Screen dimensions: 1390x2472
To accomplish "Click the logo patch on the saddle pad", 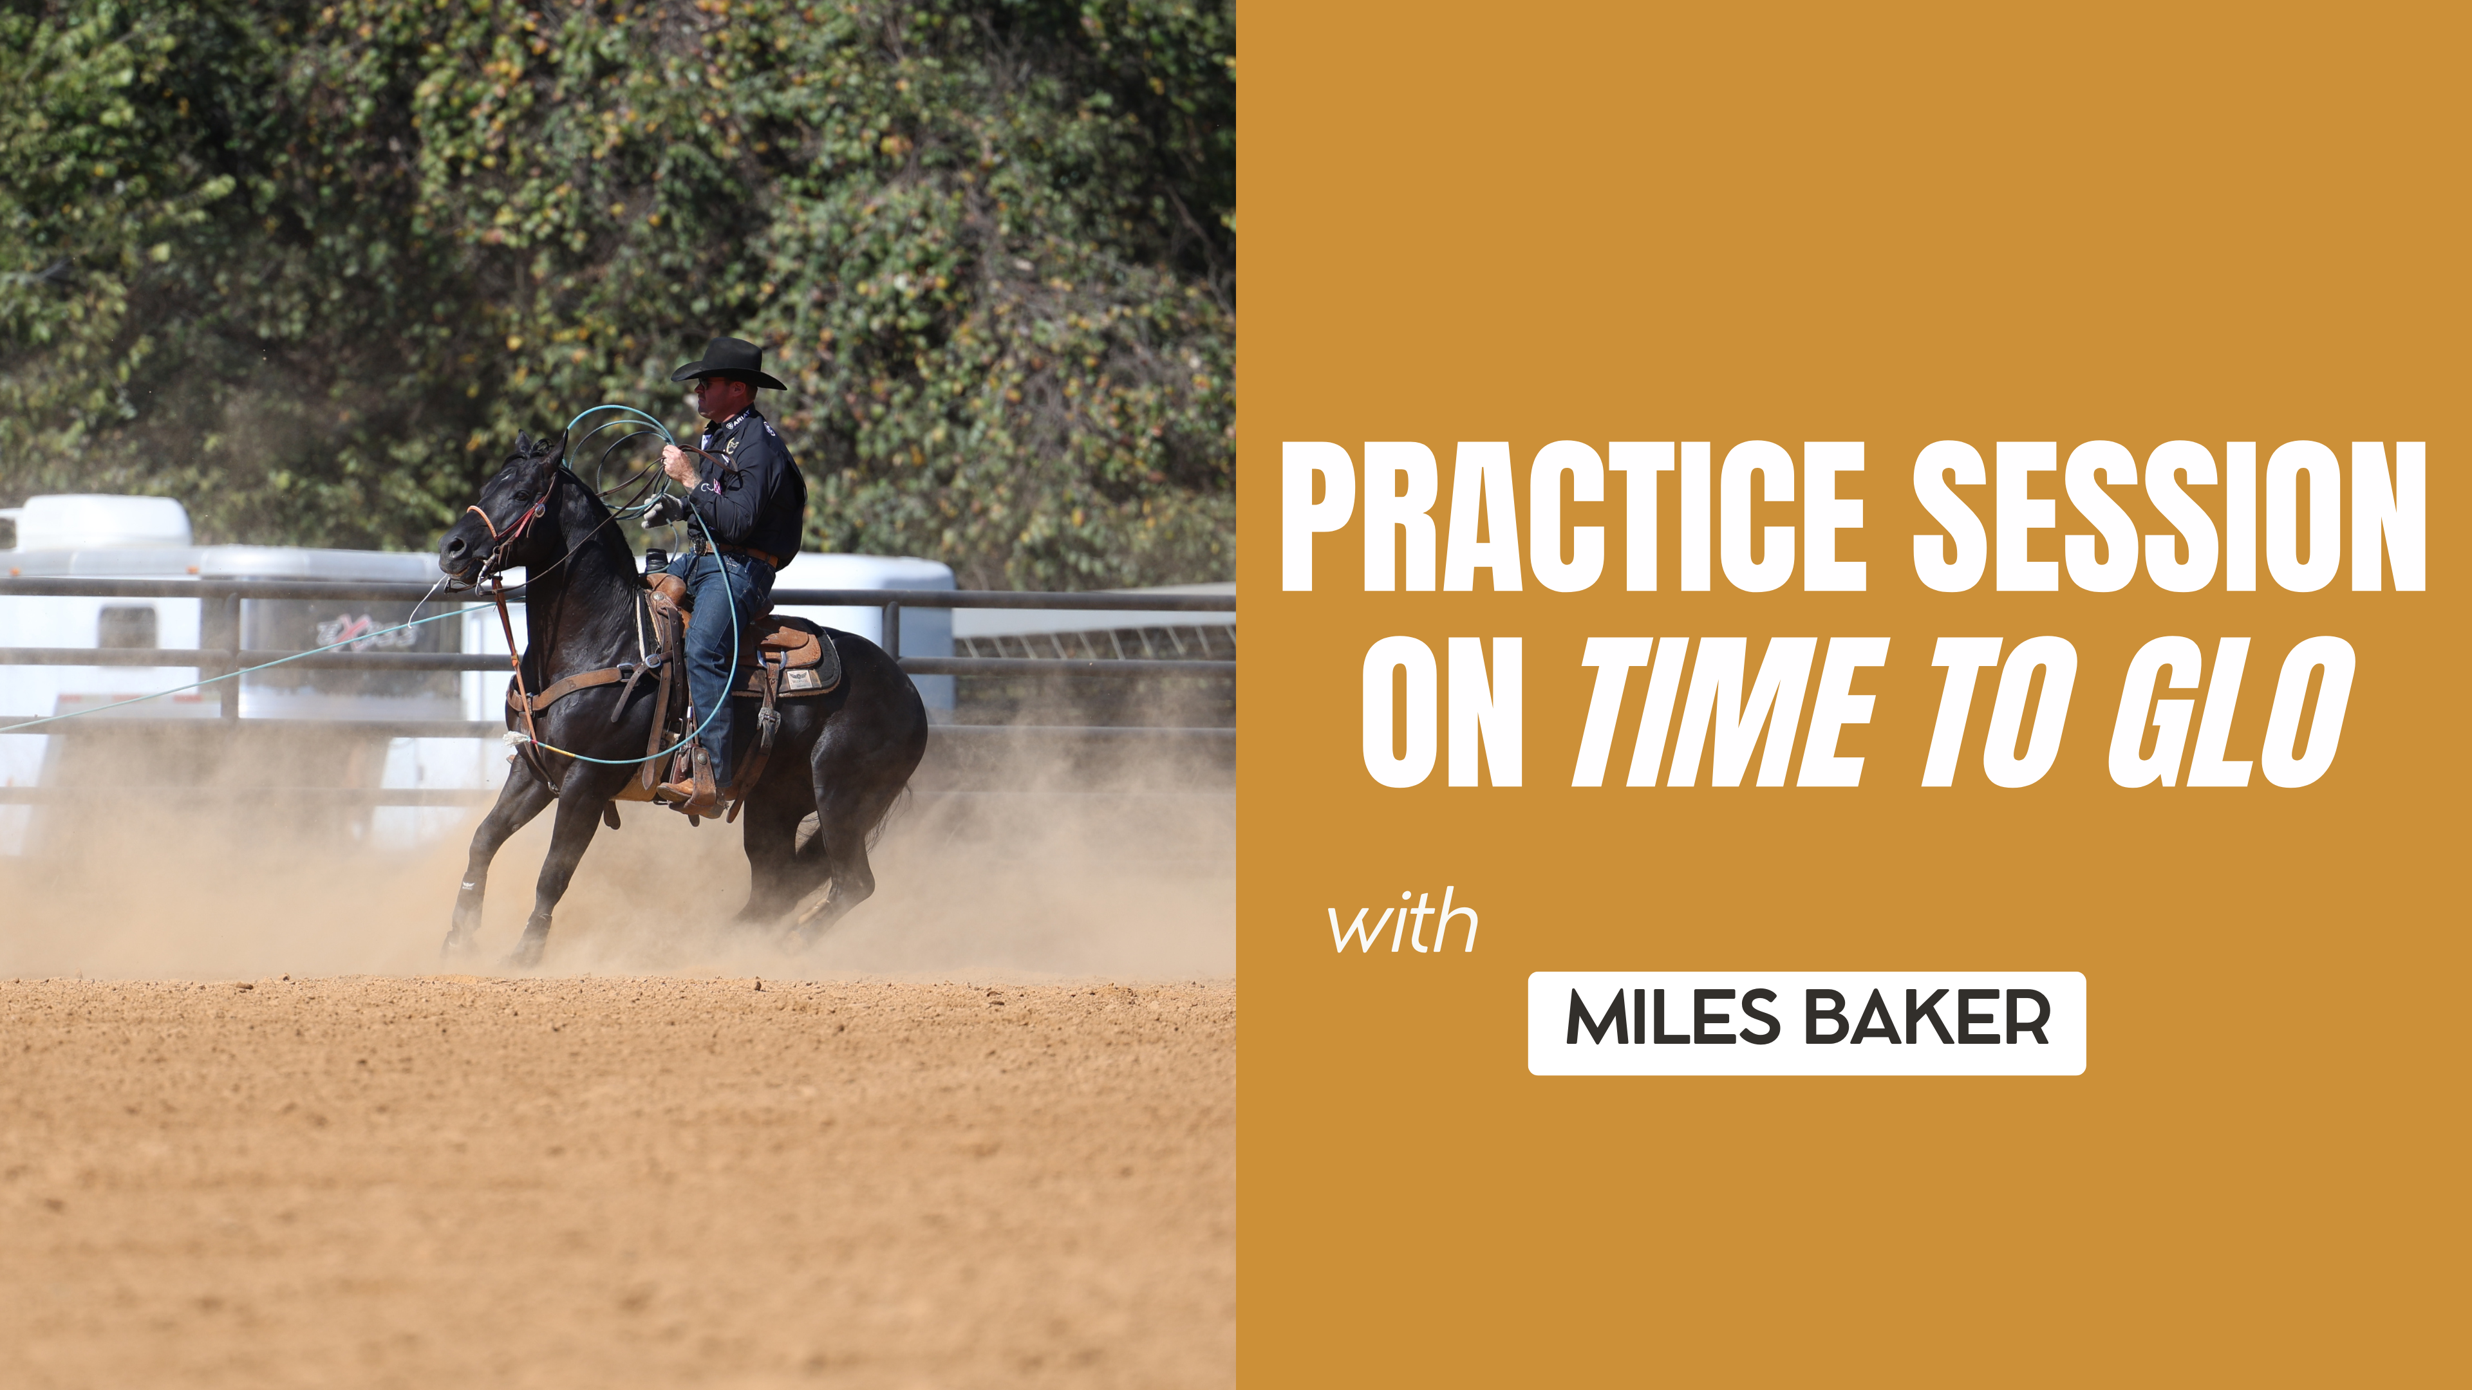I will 800,678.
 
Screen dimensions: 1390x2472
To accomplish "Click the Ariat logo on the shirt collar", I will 739,420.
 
